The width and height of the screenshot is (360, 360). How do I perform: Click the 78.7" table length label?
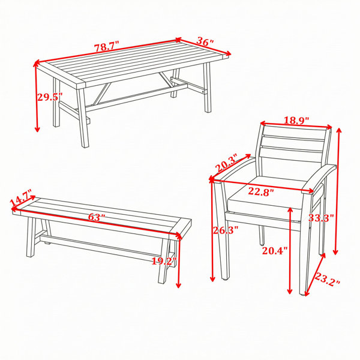(x=107, y=47)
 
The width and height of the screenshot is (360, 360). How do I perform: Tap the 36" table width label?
(x=205, y=41)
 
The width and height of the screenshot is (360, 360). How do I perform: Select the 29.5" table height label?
(x=50, y=97)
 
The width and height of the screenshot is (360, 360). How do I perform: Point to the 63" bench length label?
(x=97, y=217)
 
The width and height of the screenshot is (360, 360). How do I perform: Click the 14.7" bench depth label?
(x=20, y=198)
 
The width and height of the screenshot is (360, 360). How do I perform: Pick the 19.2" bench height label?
(x=164, y=261)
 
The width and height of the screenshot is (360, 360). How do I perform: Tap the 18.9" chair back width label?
(x=296, y=120)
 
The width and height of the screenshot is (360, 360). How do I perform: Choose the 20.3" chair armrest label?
(x=227, y=164)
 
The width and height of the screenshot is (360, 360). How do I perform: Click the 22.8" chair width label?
(x=261, y=192)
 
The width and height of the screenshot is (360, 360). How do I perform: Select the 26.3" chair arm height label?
(x=226, y=230)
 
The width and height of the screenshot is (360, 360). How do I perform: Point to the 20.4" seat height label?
(x=275, y=250)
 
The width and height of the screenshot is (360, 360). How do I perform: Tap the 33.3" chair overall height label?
(x=321, y=217)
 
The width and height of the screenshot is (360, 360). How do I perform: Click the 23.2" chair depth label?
(x=327, y=279)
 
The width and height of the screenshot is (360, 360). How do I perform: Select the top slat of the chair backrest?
(x=295, y=131)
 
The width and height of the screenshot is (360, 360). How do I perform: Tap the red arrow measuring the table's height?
(x=37, y=97)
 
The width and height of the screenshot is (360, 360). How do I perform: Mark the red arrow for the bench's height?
(x=178, y=260)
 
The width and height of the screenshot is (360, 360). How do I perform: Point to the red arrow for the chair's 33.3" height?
(x=338, y=191)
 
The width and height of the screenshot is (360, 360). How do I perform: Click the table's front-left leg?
(x=83, y=118)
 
